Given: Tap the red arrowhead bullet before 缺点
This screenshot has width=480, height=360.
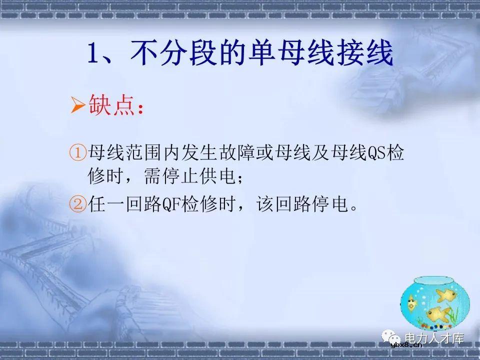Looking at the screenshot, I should (77, 106).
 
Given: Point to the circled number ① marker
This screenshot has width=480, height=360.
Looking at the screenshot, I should (78, 153).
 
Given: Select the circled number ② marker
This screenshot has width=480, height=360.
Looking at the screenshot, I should (78, 204).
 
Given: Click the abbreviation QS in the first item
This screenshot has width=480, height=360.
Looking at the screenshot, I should (377, 153).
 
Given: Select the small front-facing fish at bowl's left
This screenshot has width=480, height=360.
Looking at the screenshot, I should (411, 301).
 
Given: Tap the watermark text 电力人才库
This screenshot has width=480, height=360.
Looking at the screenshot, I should (434, 338).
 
